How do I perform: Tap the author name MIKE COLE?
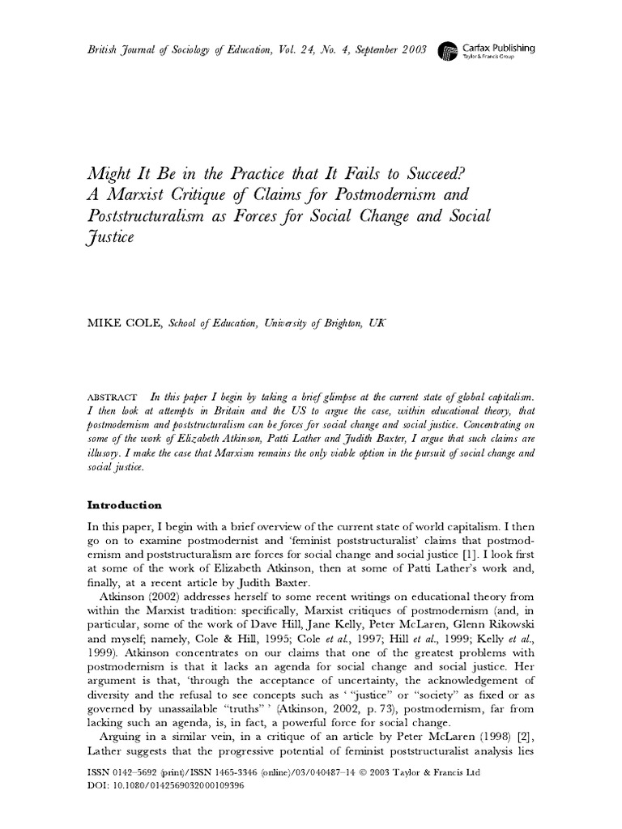pyautogui.click(x=121, y=323)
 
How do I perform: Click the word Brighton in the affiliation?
pyautogui.click(x=323, y=323)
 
